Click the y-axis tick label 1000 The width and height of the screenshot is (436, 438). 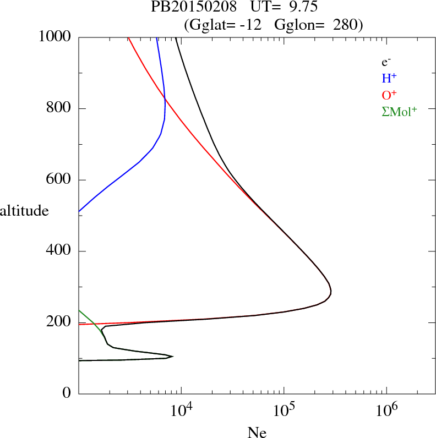[x=55, y=37]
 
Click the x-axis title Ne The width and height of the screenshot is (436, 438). [x=257, y=433]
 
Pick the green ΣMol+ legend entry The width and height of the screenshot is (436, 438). [x=399, y=111]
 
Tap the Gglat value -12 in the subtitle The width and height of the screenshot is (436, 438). [x=257, y=24]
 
